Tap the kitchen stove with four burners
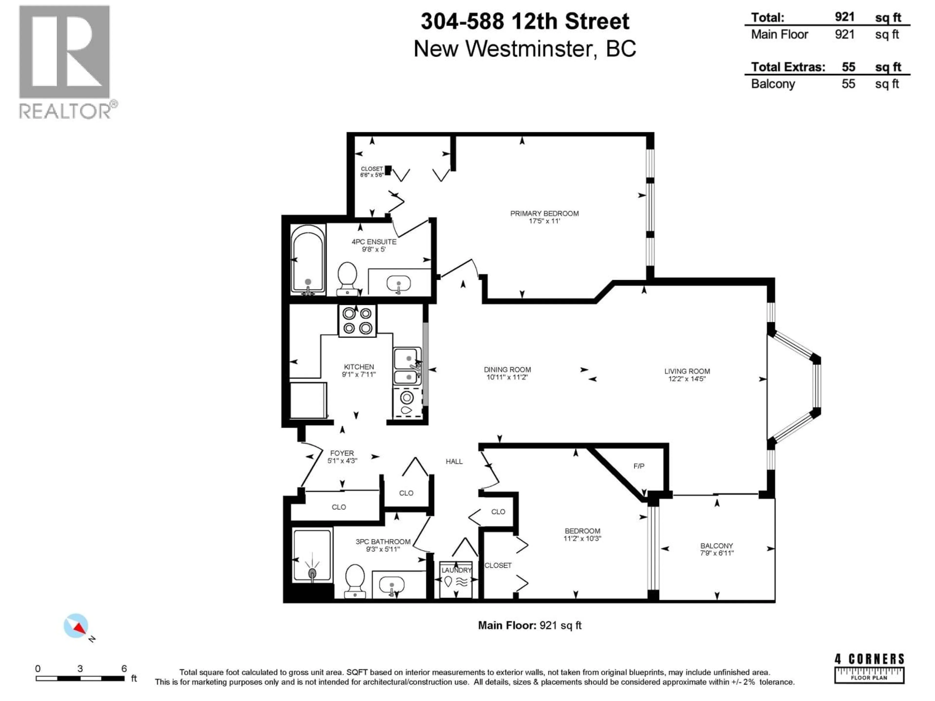[357, 321]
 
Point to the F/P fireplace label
[639, 466]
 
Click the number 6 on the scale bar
[124, 668]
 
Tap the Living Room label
[687, 371]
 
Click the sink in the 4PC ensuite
[398, 283]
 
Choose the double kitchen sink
[407, 366]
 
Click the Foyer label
[342, 453]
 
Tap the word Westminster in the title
[531, 49]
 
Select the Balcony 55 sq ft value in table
[848, 84]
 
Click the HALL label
[454, 461]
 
